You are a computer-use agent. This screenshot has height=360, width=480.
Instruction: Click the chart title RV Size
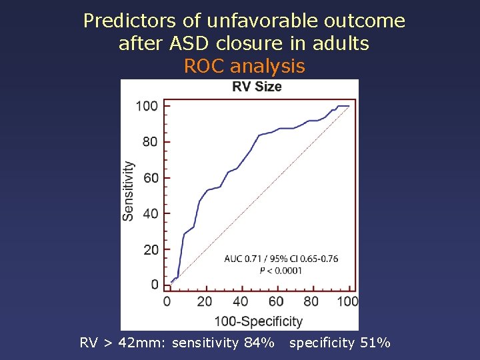(257, 87)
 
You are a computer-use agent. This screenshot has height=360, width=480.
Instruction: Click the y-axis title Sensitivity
(128, 191)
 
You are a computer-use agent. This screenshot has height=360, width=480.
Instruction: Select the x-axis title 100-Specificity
(258, 321)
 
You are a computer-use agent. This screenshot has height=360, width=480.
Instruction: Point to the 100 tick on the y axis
(147, 106)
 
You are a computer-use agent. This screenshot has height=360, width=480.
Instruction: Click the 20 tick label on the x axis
(205, 302)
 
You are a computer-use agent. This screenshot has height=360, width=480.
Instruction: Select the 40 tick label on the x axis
(240, 302)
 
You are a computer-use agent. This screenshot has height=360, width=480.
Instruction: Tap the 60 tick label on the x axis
(276, 302)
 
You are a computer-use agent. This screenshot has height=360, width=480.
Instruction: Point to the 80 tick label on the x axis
(311, 302)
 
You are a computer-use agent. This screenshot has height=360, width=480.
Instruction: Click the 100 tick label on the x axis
(347, 302)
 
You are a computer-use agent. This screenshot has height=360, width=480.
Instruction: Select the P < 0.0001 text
(281, 271)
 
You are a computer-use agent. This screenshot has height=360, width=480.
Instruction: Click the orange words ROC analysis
(244, 67)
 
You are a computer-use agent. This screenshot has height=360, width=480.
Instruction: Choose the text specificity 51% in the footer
(339, 343)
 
